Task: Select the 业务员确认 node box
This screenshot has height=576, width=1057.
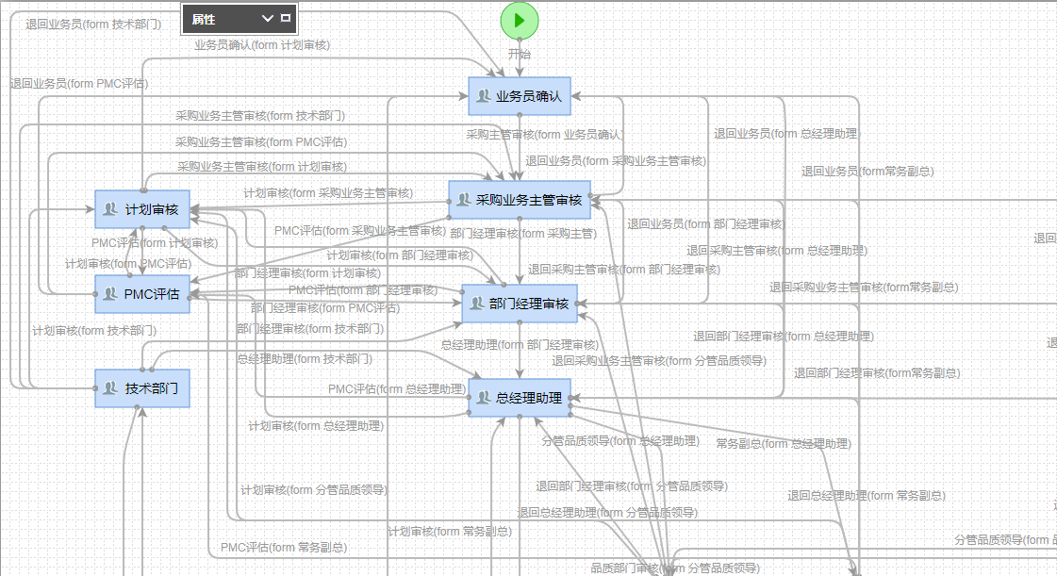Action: pyautogui.click(x=519, y=96)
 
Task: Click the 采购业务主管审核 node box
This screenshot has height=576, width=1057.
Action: pyautogui.click(x=520, y=200)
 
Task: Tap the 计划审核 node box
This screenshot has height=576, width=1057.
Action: pyautogui.click(x=142, y=209)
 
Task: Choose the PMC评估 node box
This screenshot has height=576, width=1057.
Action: pyautogui.click(x=142, y=294)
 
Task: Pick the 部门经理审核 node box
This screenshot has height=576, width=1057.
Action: pyautogui.click(x=520, y=304)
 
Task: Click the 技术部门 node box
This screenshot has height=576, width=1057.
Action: pyautogui.click(x=142, y=388)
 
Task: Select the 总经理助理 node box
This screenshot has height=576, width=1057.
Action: pyautogui.click(x=520, y=398)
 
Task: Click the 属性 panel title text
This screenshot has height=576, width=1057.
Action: pyautogui.click(x=204, y=19)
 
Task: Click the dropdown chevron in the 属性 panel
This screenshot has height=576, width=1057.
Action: pyautogui.click(x=267, y=18)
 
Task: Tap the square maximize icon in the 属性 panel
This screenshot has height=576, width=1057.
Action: pyautogui.click(x=286, y=18)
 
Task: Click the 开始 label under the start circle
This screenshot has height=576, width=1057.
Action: pyautogui.click(x=520, y=54)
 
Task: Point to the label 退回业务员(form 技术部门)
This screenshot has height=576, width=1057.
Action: pyautogui.click(x=92, y=25)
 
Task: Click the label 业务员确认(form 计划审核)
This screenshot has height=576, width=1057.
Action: pyautogui.click(x=262, y=44)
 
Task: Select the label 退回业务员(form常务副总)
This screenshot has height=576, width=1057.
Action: pyautogui.click(x=867, y=172)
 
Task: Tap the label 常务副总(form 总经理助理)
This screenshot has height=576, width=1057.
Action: pyautogui.click(x=783, y=444)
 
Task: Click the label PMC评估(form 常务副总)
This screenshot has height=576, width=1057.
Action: pyautogui.click(x=283, y=548)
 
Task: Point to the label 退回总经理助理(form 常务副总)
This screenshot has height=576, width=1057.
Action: pyautogui.click(x=867, y=496)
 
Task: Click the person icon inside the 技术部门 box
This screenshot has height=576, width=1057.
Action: pyautogui.click(x=110, y=388)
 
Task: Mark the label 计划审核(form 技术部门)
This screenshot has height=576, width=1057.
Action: pyautogui.click(x=94, y=331)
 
